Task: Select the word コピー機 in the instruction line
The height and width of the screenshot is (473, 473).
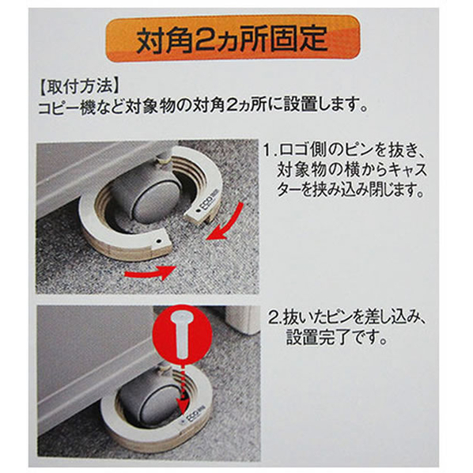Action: click(x=67, y=107)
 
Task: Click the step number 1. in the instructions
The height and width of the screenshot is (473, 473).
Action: click(x=271, y=150)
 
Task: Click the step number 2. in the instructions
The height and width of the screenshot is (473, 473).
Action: click(x=275, y=319)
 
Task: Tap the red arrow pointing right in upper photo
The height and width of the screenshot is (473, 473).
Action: click(x=150, y=272)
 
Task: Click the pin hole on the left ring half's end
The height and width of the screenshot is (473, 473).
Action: click(x=157, y=241)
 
